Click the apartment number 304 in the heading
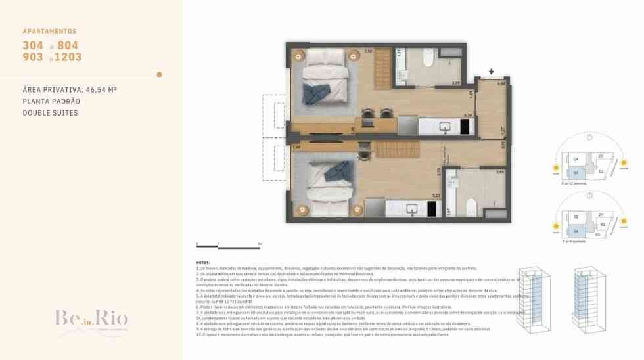[x=33, y=45]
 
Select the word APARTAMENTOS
[x=49, y=31]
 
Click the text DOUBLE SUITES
[x=50, y=113]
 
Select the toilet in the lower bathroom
[x=471, y=208]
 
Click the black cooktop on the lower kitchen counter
[x=432, y=208]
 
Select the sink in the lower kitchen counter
[x=412, y=208]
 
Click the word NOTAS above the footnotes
[x=204, y=262]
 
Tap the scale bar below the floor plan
[x=229, y=245]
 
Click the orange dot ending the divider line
[x=159, y=74]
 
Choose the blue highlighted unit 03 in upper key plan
[x=576, y=172]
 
